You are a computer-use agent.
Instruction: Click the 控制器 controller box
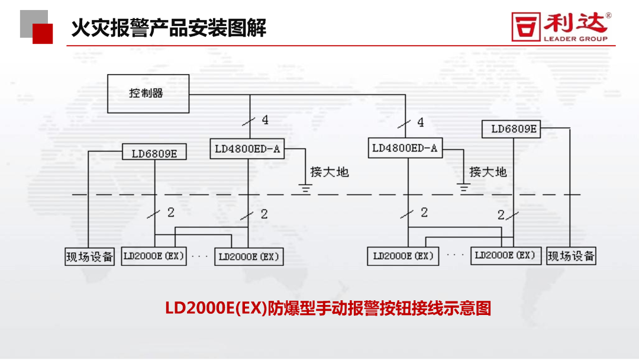(148, 94)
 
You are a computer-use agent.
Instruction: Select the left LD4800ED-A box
(247, 149)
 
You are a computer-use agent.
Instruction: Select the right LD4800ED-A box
(405, 148)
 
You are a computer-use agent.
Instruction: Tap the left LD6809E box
(154, 153)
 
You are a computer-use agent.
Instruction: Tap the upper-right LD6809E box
(514, 128)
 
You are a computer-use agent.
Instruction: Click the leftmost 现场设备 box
(89, 257)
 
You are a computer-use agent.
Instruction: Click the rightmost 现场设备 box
(571, 256)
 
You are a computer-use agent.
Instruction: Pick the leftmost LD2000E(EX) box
(154, 256)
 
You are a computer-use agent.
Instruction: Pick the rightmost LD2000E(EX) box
(505, 256)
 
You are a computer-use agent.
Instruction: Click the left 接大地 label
(330, 172)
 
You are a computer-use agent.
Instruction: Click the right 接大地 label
(488, 172)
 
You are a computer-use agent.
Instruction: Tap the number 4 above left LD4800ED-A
(265, 120)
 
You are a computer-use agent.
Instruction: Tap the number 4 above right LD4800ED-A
(421, 123)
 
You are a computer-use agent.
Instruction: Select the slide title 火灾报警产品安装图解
(169, 27)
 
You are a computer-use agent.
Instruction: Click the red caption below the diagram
(328, 308)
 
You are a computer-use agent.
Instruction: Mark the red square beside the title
(43, 33)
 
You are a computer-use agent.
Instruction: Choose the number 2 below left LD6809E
(171, 213)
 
